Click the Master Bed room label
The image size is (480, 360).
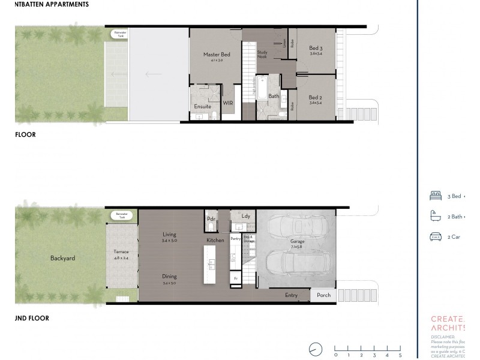click(217, 55)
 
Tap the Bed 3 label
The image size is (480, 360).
click(316, 48)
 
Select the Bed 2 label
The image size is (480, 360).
click(316, 97)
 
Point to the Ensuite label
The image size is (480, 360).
click(202, 106)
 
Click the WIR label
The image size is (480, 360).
click(228, 103)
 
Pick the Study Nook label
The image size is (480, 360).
click(262, 53)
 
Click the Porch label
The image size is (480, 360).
click(323, 295)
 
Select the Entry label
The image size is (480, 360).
click(291, 295)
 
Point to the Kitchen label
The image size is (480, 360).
click(215, 240)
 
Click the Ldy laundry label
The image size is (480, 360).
click(245, 216)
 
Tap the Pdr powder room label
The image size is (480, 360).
click(211, 219)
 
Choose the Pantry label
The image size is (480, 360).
click(235, 238)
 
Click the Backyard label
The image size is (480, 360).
click(63, 259)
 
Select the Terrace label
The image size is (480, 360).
click(121, 252)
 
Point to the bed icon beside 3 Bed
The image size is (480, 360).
click(436, 196)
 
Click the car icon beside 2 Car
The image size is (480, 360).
click(436, 237)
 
